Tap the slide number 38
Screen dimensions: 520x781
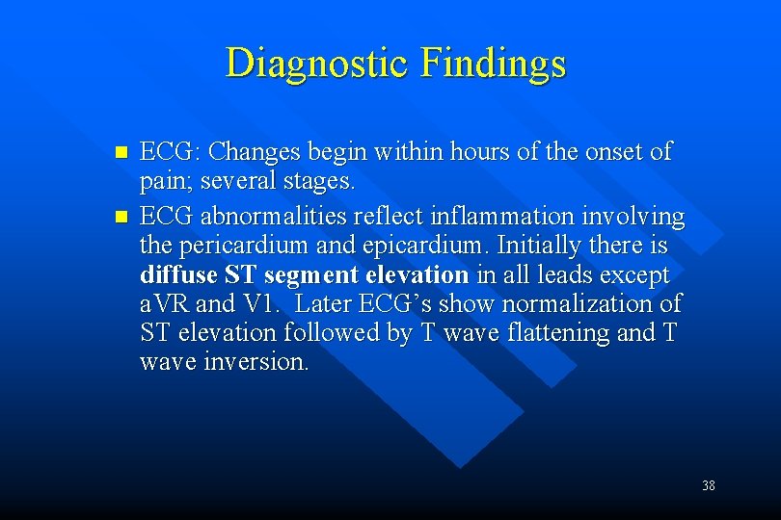point(709,485)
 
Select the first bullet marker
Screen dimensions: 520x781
point(121,153)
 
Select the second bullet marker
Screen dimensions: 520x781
point(121,218)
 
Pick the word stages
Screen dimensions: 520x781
point(322,182)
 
